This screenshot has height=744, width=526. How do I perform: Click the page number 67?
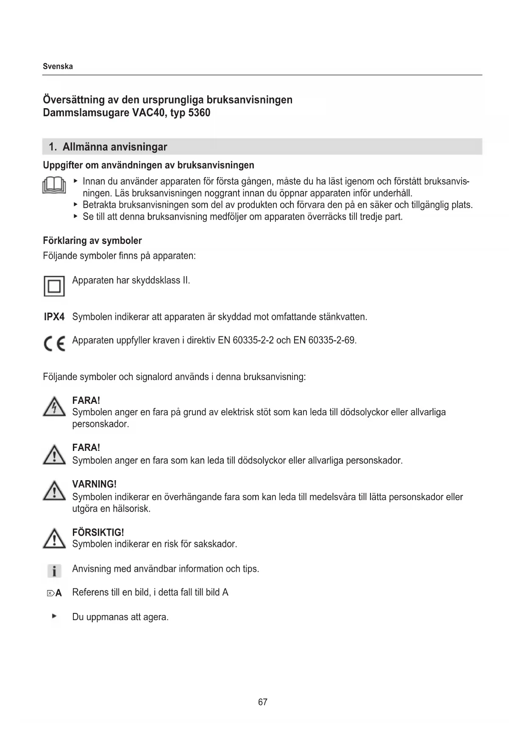263,702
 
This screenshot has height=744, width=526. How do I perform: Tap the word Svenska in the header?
58,66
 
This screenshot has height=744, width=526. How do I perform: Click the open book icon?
54,185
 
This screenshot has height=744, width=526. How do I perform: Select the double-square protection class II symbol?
54,286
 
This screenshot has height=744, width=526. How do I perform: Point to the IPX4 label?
54,317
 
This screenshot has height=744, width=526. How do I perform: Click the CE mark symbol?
54,343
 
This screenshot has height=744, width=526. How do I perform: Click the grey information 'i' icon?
54,571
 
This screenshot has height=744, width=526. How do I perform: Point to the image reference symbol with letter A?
54,593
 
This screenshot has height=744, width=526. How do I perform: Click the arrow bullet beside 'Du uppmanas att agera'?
54,616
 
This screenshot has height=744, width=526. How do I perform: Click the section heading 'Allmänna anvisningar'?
114,147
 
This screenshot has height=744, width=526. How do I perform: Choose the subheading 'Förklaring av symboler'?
92,241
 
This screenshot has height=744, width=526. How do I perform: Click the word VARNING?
94,484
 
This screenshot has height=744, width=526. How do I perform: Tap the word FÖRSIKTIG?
98,532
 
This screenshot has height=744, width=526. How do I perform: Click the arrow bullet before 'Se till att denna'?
75,216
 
